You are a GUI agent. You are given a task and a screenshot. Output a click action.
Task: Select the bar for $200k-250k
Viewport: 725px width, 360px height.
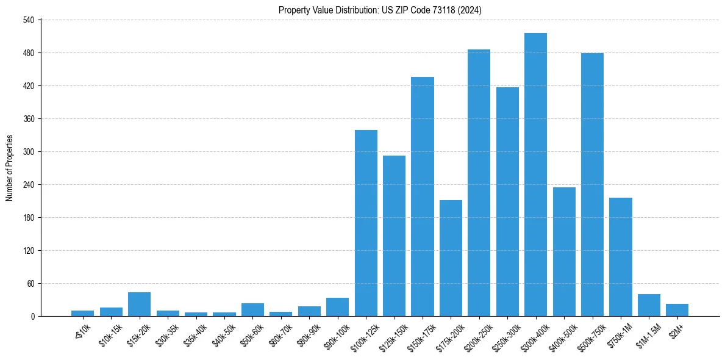479,183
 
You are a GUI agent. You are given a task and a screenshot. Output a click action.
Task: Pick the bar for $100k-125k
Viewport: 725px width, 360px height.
366,223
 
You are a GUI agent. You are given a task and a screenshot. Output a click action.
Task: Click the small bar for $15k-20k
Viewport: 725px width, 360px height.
139,304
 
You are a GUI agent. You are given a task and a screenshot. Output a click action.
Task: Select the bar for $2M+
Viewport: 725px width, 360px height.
677,310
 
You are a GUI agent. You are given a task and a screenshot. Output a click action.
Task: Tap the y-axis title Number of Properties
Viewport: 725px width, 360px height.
9,168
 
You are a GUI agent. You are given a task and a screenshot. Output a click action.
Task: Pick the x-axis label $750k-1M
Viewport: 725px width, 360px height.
618,335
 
